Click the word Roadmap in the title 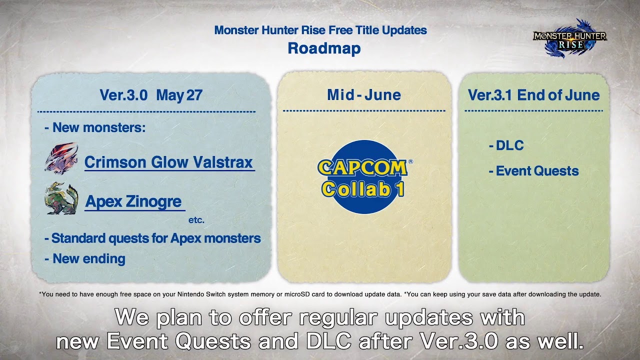(x=324, y=48)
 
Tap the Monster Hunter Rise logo (x=570, y=38)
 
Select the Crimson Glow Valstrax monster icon (x=61, y=158)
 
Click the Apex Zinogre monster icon (x=61, y=198)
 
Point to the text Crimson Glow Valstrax (x=169, y=162)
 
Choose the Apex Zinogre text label (x=133, y=201)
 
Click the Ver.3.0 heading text (x=123, y=95)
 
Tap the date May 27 (x=179, y=95)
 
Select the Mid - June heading (x=364, y=95)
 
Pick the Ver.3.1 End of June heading (x=533, y=95)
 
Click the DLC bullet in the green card (x=506, y=145)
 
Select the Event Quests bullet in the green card (x=534, y=171)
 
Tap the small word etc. (x=196, y=220)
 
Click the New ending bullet (x=85, y=259)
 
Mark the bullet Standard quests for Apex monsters (x=153, y=238)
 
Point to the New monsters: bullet (x=95, y=127)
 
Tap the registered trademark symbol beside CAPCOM (x=410, y=161)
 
